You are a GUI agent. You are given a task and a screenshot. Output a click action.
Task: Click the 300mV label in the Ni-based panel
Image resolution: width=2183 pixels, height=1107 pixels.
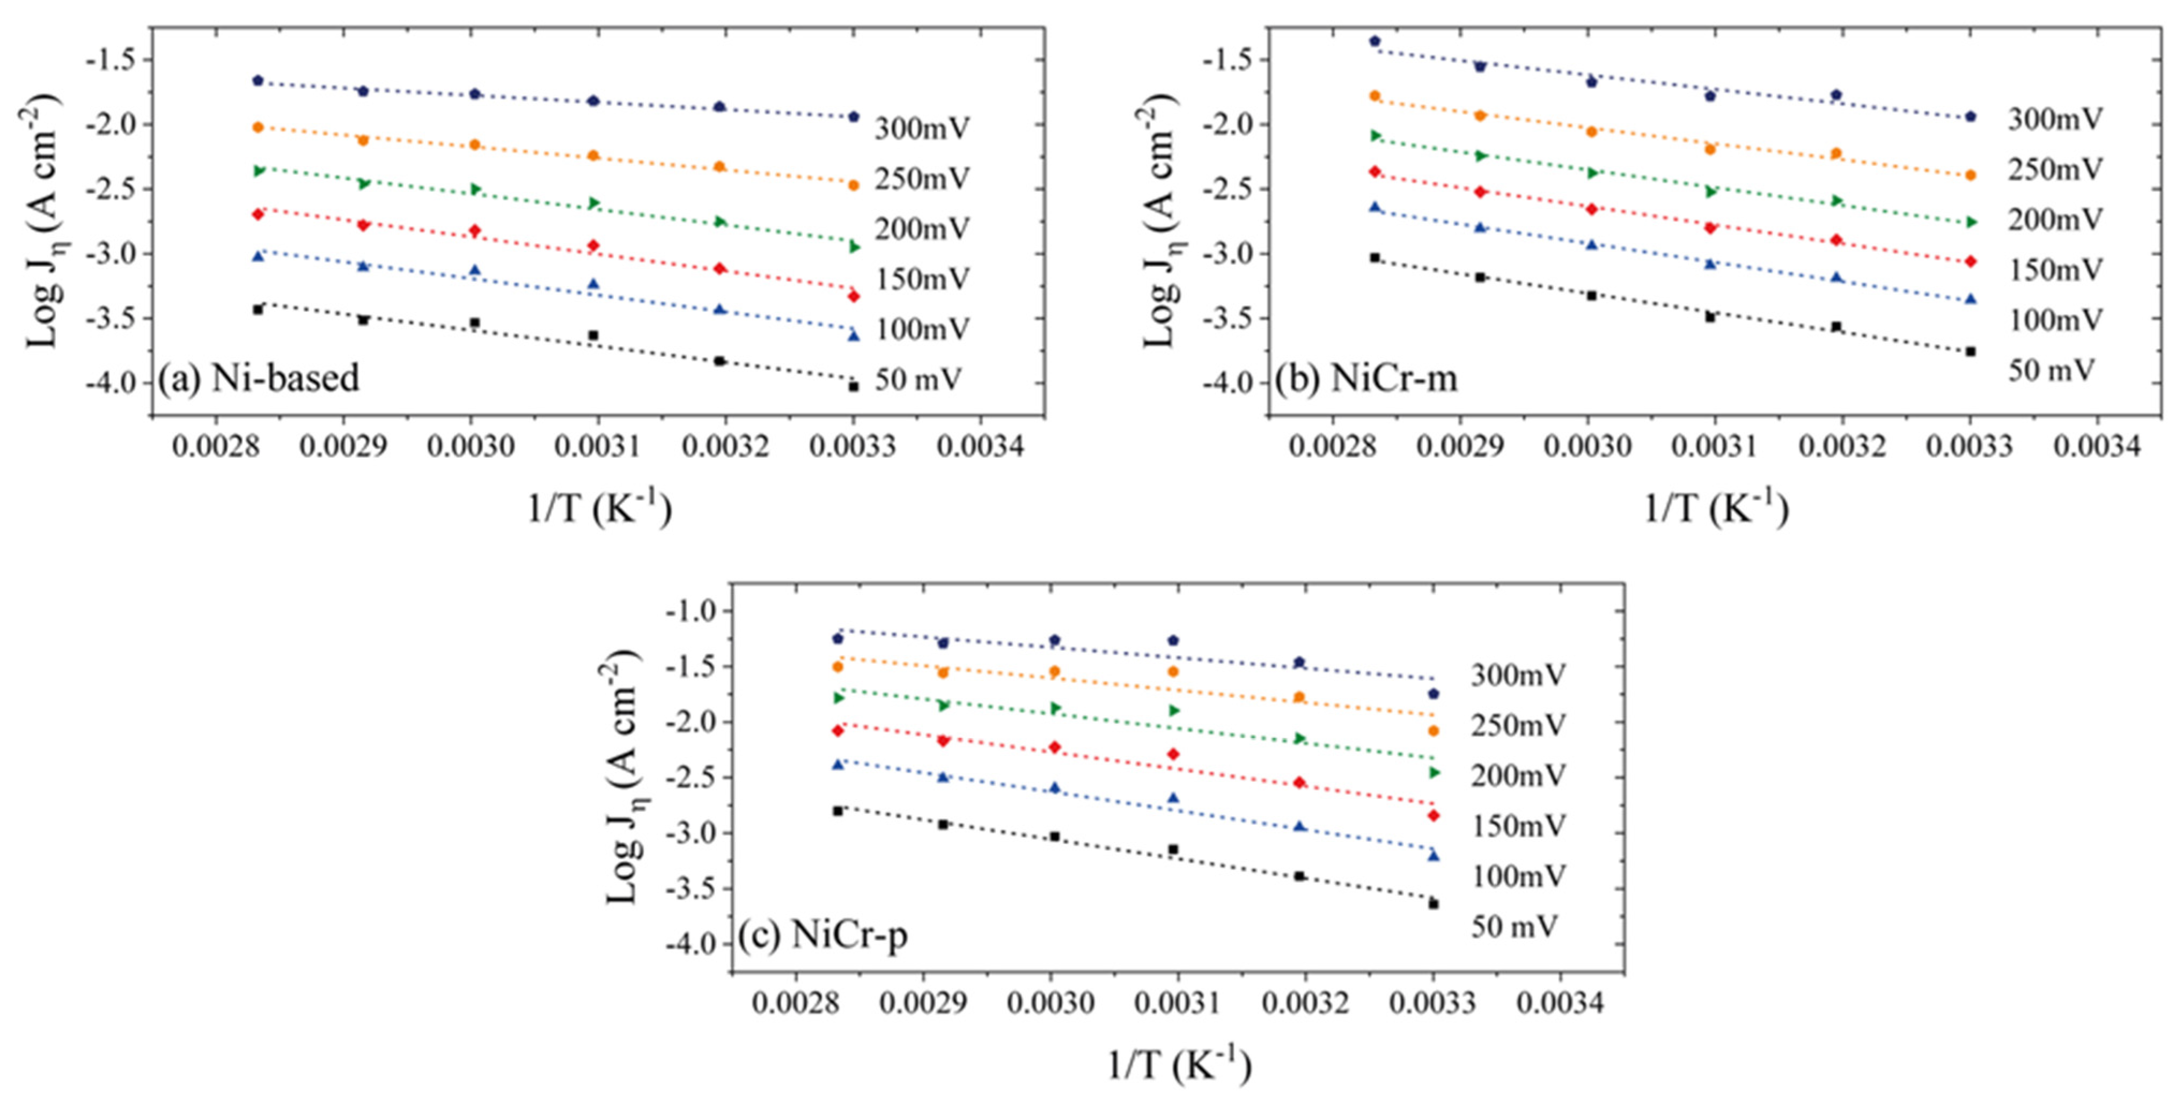click(922, 129)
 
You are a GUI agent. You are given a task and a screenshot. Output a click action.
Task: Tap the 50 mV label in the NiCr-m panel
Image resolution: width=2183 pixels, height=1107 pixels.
click(2052, 370)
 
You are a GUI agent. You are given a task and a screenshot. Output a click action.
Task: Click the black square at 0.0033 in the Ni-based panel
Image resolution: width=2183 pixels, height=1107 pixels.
click(854, 386)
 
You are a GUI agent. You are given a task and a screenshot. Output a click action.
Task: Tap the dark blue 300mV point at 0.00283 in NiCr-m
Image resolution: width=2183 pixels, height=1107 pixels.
click(1375, 41)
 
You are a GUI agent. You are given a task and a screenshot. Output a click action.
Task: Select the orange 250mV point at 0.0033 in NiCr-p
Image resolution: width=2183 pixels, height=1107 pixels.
click(1433, 731)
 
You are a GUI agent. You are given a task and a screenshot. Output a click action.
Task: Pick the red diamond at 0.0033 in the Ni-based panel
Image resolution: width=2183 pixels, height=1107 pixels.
click(854, 296)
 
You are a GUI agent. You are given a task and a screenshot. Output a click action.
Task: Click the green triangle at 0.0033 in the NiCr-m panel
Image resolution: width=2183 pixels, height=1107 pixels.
click(1971, 222)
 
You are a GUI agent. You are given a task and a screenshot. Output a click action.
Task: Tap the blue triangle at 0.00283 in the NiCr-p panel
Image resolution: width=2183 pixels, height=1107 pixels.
click(838, 765)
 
